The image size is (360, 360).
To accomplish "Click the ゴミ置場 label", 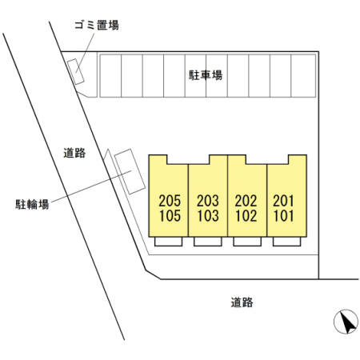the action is [97, 26].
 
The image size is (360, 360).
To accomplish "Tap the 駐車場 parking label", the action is [206, 75].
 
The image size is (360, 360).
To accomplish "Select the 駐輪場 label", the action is [32, 205].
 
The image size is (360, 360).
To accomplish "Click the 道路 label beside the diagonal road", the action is [74, 153].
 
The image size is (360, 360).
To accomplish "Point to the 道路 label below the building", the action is [242, 302].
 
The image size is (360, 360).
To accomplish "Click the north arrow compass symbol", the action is [346, 322].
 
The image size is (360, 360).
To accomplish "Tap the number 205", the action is [170, 201].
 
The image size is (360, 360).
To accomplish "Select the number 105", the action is [170, 216].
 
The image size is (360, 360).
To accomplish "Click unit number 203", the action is [208, 201].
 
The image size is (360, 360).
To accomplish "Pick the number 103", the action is [208, 216].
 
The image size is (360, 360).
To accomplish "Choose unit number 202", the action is [246, 201].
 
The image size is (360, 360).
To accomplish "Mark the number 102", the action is [246, 216].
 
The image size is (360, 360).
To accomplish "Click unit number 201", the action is [283, 201].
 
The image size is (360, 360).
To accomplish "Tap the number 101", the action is [284, 216].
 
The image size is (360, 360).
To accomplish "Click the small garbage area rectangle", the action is [75, 71].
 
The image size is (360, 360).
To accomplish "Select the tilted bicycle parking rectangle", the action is [130, 171].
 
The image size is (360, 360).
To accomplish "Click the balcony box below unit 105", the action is [169, 242].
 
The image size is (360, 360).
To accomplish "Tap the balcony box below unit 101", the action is [287, 242].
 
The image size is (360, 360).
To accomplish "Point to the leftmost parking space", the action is [110, 76].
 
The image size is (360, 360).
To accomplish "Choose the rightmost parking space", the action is [303, 76].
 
